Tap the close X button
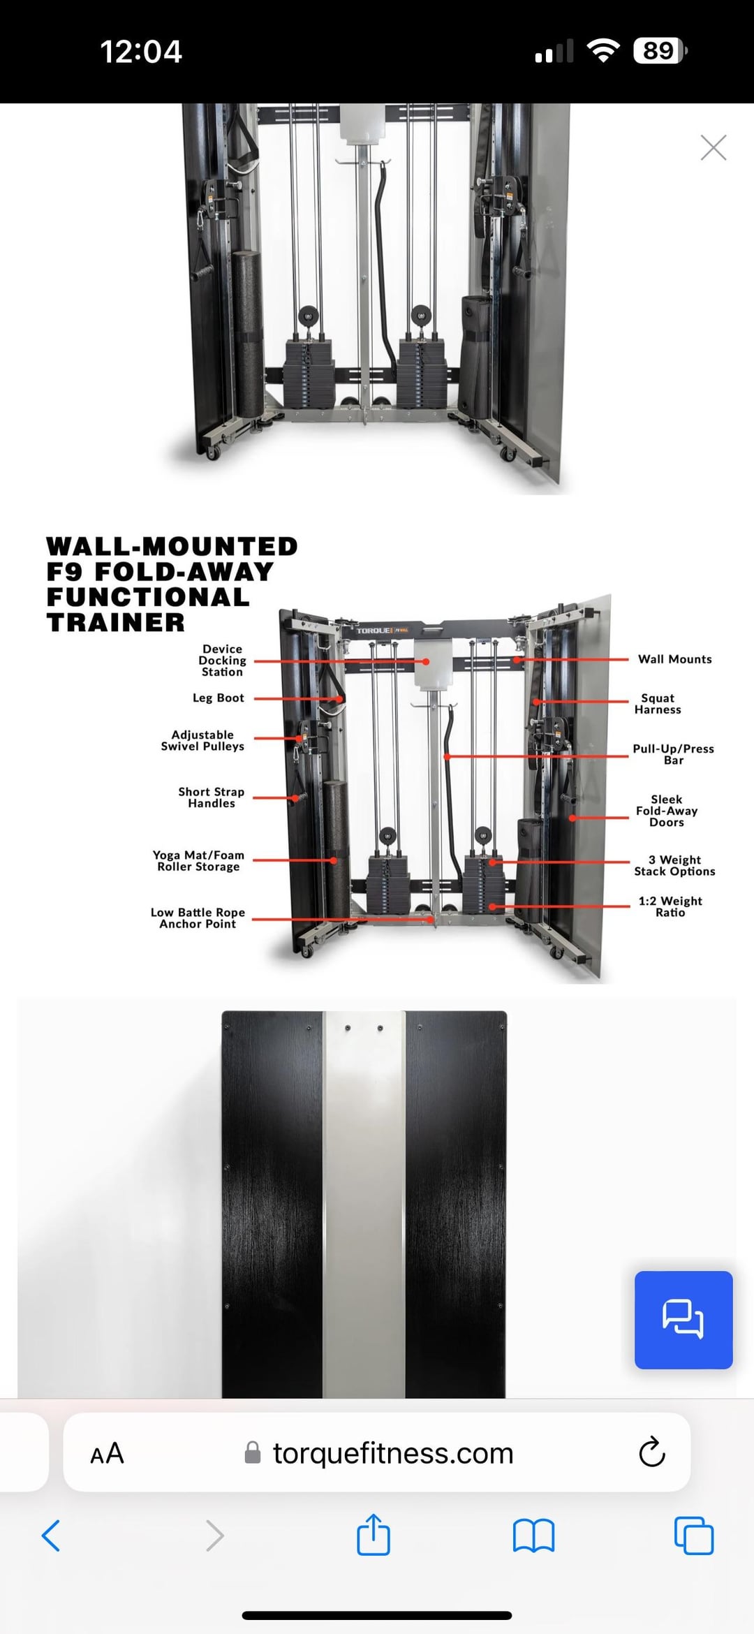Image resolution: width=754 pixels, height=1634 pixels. point(714,147)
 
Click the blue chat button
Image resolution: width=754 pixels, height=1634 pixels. point(683,1320)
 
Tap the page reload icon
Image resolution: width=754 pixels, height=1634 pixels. point(652,1452)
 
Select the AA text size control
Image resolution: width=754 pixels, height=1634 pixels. point(107,1454)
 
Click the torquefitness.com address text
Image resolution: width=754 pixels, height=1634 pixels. point(393,1453)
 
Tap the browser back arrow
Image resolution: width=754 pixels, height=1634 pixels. point(51,1536)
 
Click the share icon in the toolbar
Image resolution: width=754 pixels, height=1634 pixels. point(374,1534)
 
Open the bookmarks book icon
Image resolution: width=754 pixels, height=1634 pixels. point(533,1536)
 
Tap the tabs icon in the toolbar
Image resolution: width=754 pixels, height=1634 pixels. point(694,1535)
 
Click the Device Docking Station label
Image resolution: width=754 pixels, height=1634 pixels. point(222,661)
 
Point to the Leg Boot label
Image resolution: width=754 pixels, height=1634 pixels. point(219,698)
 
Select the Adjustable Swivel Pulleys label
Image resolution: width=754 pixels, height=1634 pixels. point(202,740)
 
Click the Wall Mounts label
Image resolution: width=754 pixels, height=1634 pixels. point(675,659)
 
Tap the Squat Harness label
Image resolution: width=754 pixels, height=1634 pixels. point(658,704)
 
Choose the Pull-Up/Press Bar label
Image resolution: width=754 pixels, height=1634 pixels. point(674,754)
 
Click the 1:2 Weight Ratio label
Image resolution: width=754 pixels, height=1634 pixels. point(670,906)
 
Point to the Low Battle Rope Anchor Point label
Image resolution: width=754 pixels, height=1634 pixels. point(198,918)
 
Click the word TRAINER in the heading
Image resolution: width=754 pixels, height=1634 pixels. point(116,622)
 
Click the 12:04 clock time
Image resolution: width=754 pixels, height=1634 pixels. point(141,51)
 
